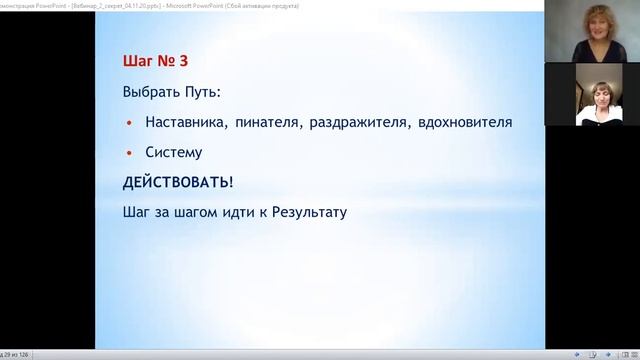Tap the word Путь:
tap(196, 93)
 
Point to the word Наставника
tap(186, 123)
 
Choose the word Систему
tap(173, 153)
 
